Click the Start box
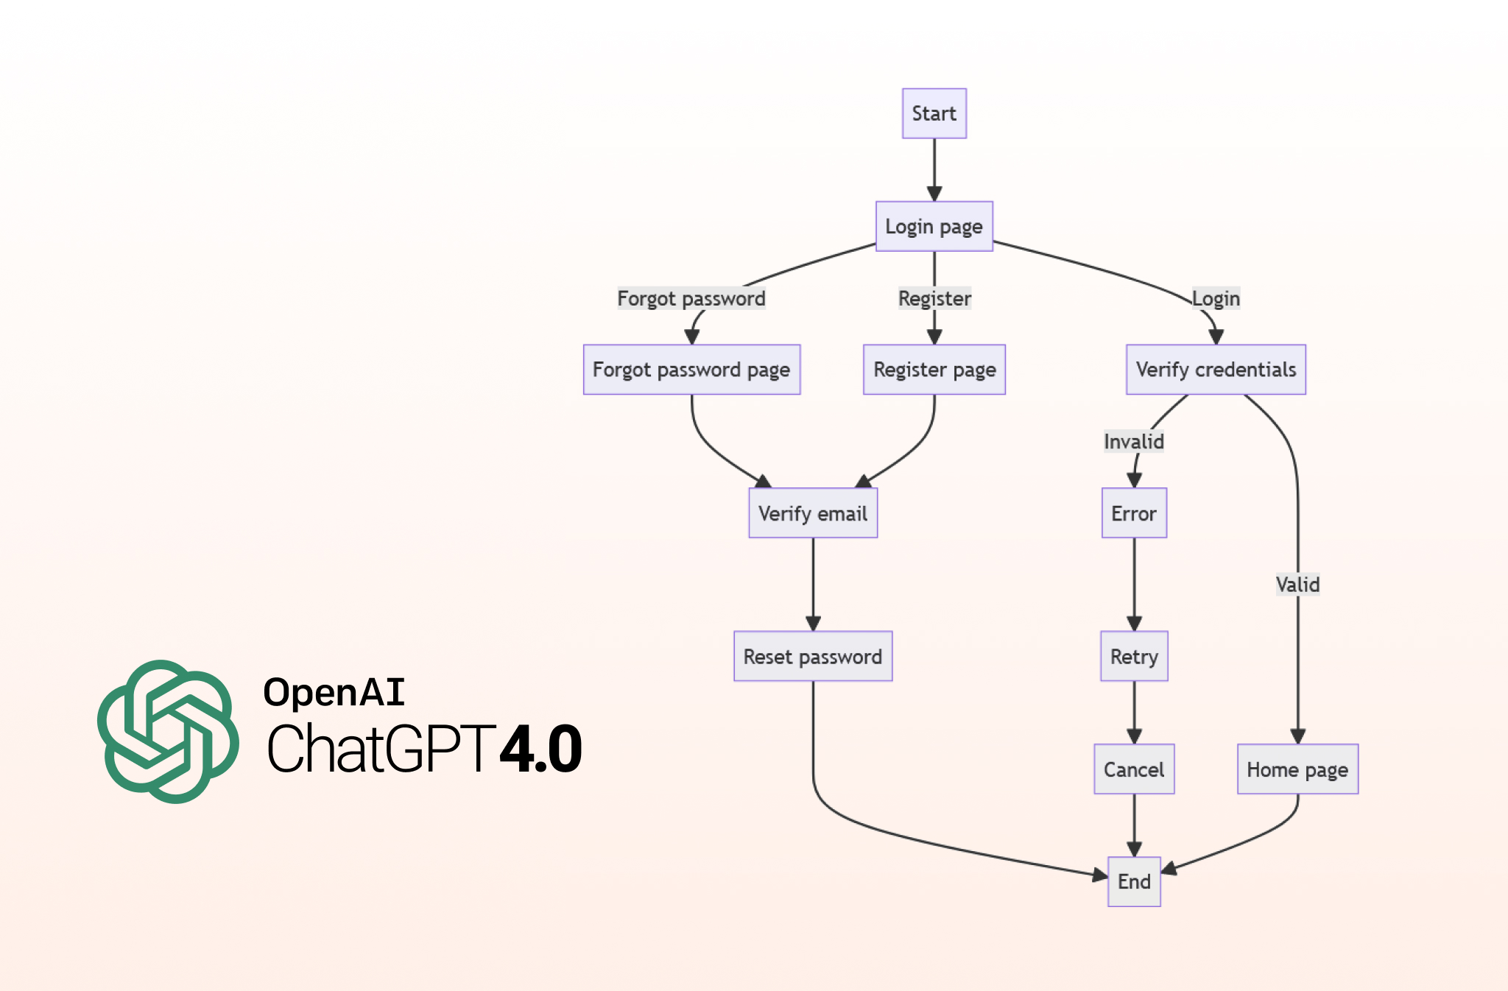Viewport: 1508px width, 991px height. pyautogui.click(x=934, y=113)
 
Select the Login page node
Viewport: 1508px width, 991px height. pyautogui.click(x=934, y=226)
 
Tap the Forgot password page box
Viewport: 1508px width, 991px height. pyautogui.click(x=691, y=370)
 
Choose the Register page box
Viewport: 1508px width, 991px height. pyautogui.click(x=934, y=370)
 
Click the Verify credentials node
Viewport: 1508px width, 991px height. pyautogui.click(x=1216, y=370)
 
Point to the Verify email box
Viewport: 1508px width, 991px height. pyautogui.click(x=813, y=513)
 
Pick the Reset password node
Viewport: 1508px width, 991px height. pyautogui.click(x=813, y=656)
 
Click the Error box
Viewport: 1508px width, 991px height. pyautogui.click(x=1134, y=513)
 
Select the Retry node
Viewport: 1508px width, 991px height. pyautogui.click(x=1134, y=656)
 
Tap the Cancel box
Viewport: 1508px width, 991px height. pyautogui.click(x=1134, y=769)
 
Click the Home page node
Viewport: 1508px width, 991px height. pyautogui.click(x=1297, y=769)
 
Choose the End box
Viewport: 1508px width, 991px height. pyautogui.click(x=1134, y=881)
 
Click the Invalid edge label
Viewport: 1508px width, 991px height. pyautogui.click(x=1134, y=442)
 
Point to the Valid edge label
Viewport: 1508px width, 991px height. pyautogui.click(x=1297, y=585)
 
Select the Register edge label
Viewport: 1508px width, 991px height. pyautogui.click(x=934, y=298)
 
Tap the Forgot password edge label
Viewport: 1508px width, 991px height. pyautogui.click(x=691, y=298)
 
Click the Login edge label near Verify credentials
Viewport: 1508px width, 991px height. pyautogui.click(x=1216, y=298)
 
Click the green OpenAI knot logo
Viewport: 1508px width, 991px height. pyautogui.click(x=168, y=731)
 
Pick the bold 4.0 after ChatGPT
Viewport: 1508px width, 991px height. pyautogui.click(x=541, y=749)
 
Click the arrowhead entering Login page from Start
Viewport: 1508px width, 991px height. pyautogui.click(x=934, y=194)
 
